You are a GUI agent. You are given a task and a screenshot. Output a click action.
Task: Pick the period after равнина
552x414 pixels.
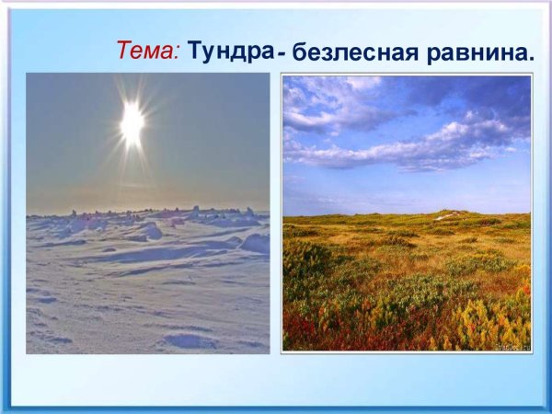(530, 61)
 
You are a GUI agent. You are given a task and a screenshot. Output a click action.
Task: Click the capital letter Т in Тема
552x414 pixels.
(124, 51)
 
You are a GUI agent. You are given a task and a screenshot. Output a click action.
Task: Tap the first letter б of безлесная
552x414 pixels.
(297, 55)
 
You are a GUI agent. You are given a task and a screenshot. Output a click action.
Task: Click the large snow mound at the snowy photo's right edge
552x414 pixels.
(257, 243)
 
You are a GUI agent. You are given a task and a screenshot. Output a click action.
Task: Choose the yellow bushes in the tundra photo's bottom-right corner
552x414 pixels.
(501, 322)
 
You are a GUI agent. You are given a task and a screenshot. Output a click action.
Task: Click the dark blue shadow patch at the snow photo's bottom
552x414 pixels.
(190, 340)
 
